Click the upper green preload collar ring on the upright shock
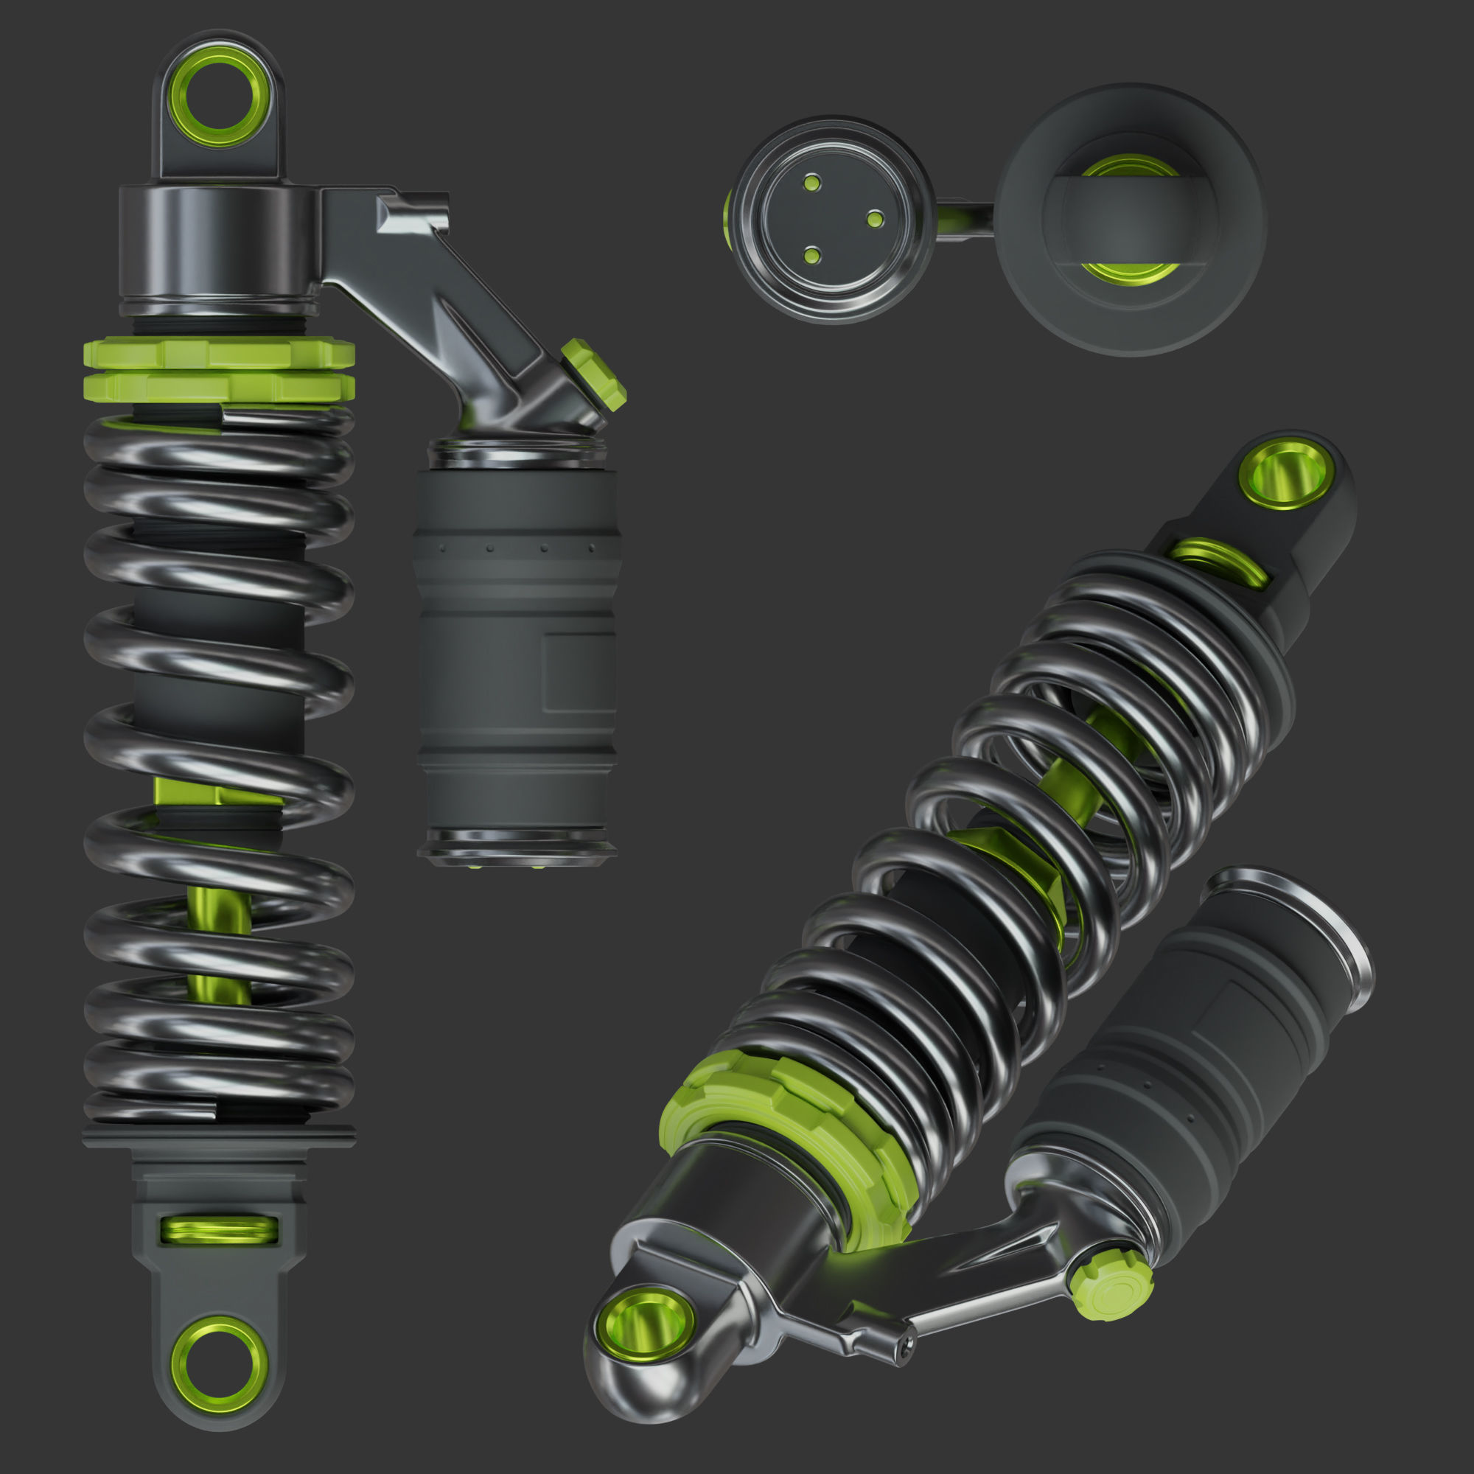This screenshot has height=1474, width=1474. (x=218, y=353)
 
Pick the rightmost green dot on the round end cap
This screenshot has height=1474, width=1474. (x=875, y=220)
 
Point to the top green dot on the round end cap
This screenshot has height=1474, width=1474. (x=811, y=182)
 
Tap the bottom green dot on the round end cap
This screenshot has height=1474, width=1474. (x=812, y=255)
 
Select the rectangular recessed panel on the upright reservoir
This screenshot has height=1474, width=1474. (x=579, y=671)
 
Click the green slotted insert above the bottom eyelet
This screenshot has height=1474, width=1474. (x=219, y=1229)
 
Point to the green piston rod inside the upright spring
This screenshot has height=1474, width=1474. (x=218, y=946)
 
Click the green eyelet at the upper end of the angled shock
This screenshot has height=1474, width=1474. (x=1287, y=474)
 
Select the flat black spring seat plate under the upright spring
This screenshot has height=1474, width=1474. (x=218, y=1136)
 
